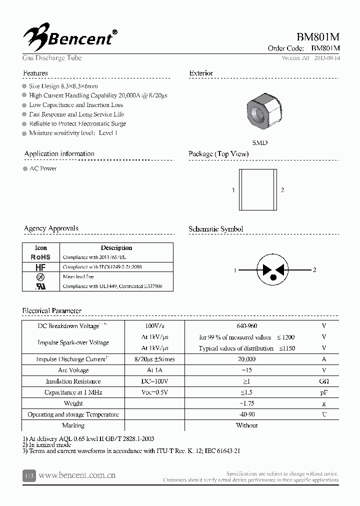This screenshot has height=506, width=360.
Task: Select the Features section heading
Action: pyautogui.click(x=35, y=73)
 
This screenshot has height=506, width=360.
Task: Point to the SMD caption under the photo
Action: pyautogui.click(x=259, y=142)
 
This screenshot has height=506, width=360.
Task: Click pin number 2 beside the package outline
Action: pyautogui.click(x=282, y=190)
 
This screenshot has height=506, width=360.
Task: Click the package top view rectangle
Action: pyautogui.click(x=258, y=189)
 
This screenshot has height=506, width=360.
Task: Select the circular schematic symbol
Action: pyautogui.click(x=273, y=270)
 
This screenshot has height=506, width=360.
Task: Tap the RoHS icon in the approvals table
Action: pyautogui.click(x=40, y=257)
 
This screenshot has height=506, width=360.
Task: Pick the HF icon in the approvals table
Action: pyautogui.click(x=40, y=267)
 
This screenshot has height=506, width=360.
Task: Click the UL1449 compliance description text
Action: pyautogui.click(x=110, y=286)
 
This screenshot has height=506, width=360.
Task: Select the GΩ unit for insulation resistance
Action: pyautogui.click(x=324, y=381)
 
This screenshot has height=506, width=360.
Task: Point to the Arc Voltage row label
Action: pyautogui.click(x=73, y=370)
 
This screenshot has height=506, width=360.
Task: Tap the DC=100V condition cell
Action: pyautogui.click(x=154, y=381)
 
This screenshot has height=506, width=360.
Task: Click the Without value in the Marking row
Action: pyautogui.click(x=246, y=425)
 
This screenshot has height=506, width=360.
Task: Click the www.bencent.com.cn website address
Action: pyautogui.click(x=77, y=475)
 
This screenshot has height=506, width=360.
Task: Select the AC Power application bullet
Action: pyautogui.click(x=42, y=169)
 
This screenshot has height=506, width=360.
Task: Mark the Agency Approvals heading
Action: pyautogui.click(x=51, y=228)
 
